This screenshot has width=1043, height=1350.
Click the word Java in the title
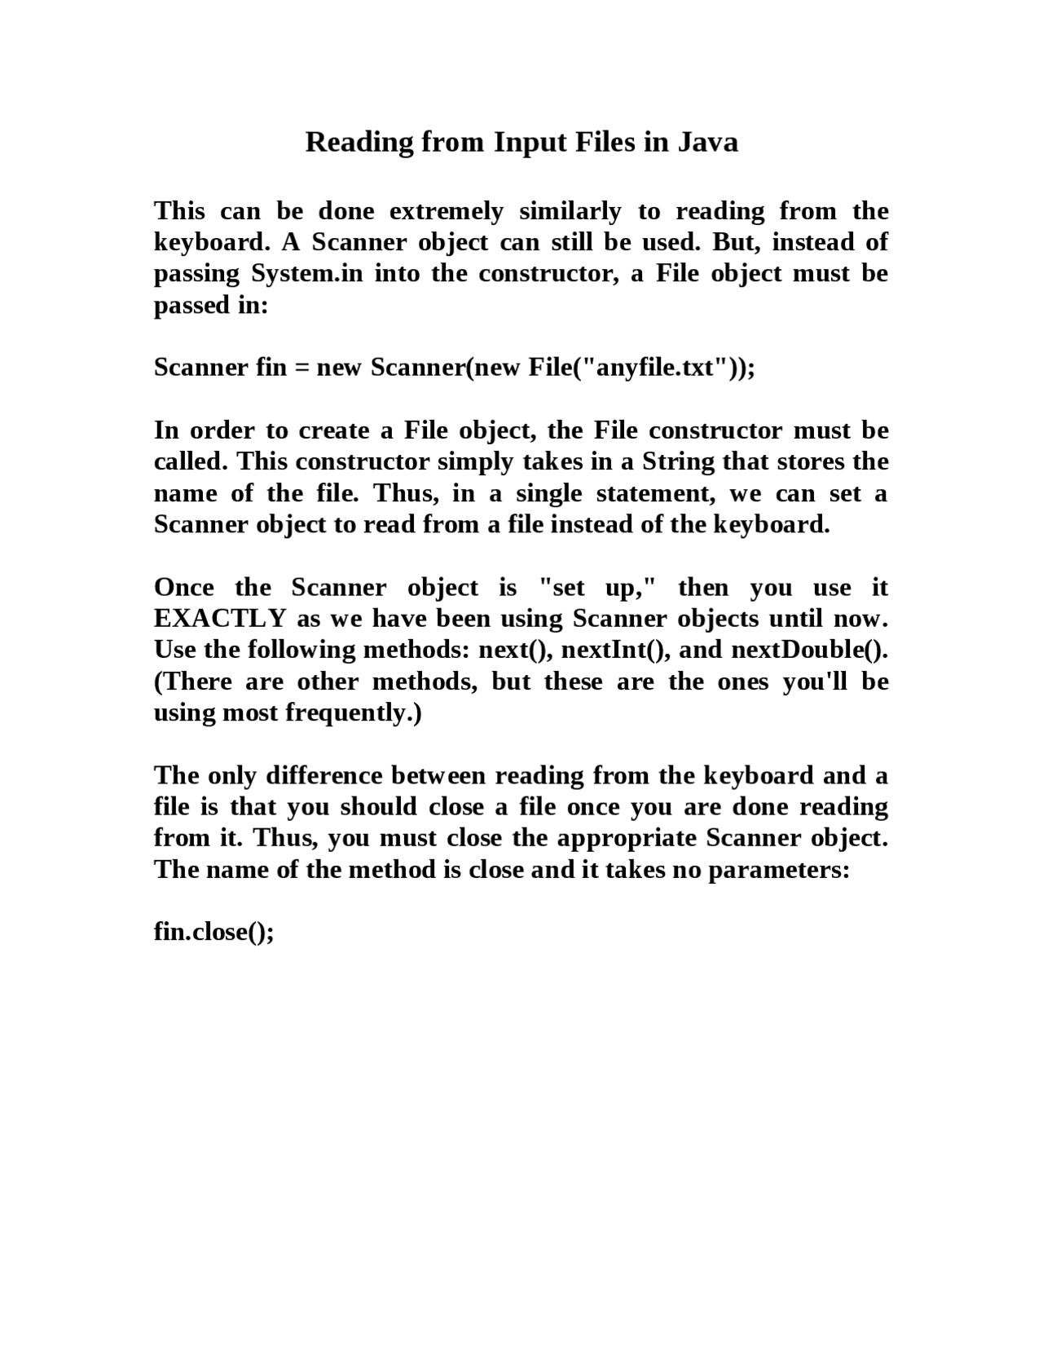pos(708,142)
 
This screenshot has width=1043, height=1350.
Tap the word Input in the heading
pos(530,142)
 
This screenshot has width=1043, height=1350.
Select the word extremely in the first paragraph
pos(447,211)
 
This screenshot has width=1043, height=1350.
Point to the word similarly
pos(570,211)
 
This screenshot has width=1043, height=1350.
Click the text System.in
pos(306,274)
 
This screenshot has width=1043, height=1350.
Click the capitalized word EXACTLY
pos(220,619)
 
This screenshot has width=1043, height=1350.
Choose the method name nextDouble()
pos(808,650)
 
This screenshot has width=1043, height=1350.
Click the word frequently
pos(353,713)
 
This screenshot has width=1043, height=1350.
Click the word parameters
pos(778,870)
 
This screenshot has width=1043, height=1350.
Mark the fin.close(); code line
pos(213,932)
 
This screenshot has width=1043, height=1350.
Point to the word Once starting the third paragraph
pos(184,588)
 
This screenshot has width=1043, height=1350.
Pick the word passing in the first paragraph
pos(196,274)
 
